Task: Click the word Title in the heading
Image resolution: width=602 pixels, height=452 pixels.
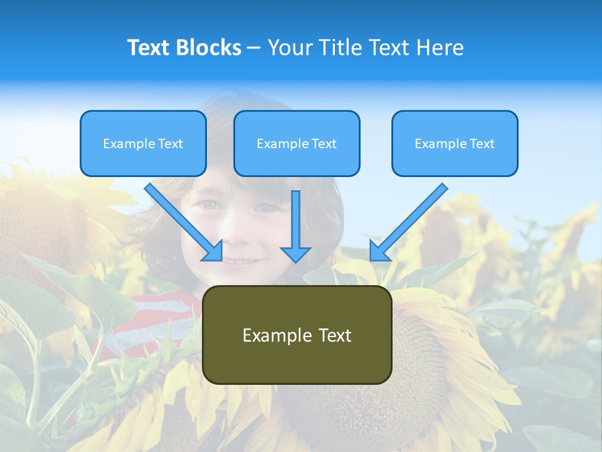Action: [340, 48]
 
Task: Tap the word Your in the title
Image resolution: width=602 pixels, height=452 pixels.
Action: [292, 48]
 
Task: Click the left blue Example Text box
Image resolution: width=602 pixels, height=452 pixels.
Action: [143, 143]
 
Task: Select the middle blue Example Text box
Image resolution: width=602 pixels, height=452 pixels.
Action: [297, 143]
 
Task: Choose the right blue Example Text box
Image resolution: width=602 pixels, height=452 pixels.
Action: [455, 143]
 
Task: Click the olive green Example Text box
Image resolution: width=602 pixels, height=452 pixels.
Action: [297, 335]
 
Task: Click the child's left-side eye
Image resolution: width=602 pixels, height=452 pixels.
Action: [211, 205]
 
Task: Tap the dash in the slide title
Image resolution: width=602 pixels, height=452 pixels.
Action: [254, 48]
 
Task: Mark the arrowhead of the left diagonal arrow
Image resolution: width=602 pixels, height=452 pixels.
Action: [213, 251]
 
